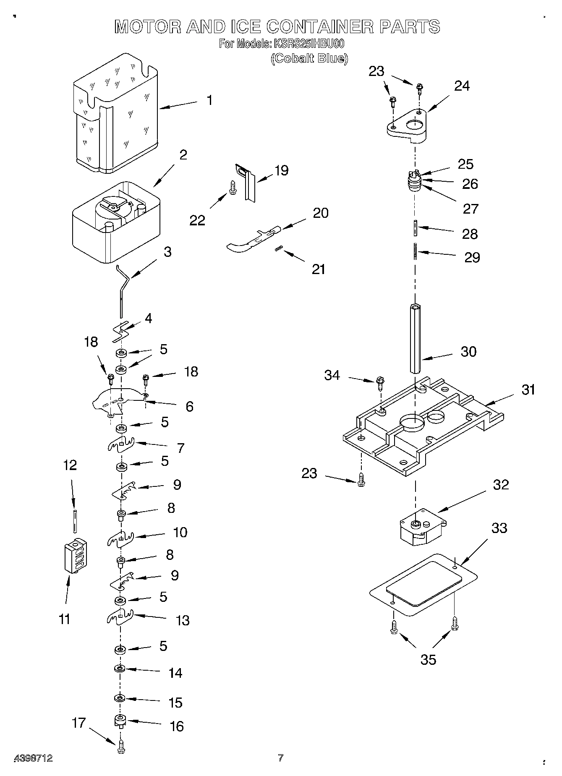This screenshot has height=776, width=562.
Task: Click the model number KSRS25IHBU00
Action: pyautogui.click(x=308, y=44)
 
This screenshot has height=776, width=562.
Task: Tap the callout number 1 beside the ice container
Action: pyautogui.click(x=209, y=101)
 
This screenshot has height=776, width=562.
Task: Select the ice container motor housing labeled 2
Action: pyautogui.click(x=116, y=222)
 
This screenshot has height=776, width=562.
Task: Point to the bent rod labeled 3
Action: pyautogui.click(x=122, y=290)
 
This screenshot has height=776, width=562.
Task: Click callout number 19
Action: pyautogui.click(x=281, y=170)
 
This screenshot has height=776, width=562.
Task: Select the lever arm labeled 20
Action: pyautogui.click(x=252, y=239)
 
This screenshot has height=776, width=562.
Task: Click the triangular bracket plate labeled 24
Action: pyautogui.click(x=407, y=124)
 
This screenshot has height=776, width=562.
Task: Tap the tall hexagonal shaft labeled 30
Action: pyautogui.click(x=416, y=340)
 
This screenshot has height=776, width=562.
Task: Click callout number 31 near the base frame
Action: pyautogui.click(x=528, y=390)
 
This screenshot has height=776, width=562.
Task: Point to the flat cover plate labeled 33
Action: pyautogui.click(x=424, y=588)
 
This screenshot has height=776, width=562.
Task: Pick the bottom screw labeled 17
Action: pyautogui.click(x=121, y=747)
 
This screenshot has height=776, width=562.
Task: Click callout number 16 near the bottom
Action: pyautogui.click(x=177, y=726)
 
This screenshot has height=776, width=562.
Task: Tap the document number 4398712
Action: pyautogui.click(x=34, y=758)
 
